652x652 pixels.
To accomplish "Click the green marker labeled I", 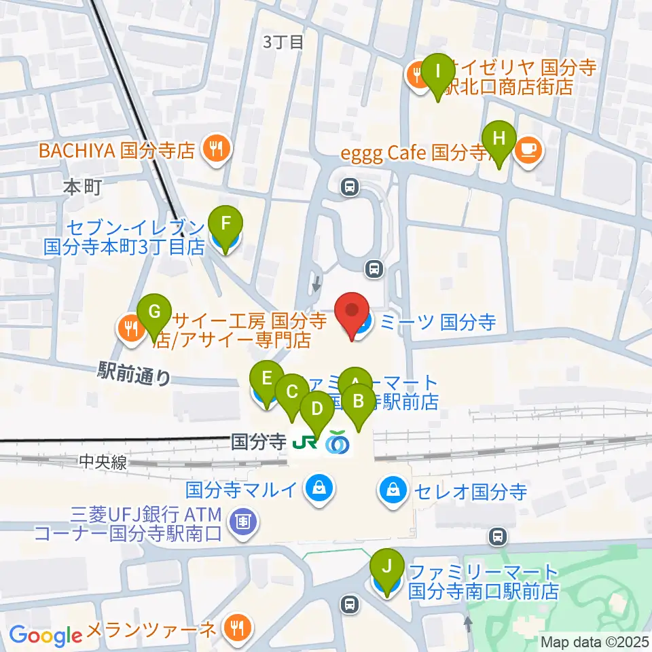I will (437, 71).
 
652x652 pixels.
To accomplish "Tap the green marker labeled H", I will (499, 139).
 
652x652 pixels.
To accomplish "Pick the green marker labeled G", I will (154, 313).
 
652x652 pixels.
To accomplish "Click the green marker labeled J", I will (387, 566).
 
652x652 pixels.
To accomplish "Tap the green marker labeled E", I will (267, 378).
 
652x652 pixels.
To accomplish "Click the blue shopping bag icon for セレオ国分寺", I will (393, 488).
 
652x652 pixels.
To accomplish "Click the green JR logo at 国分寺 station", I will (304, 443).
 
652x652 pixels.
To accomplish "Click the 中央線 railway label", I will (103, 462).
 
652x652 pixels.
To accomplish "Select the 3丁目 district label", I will (283, 42).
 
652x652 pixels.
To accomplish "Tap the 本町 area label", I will (82, 187).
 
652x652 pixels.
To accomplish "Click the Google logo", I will (46, 636).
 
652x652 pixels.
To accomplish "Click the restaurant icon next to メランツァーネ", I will (237, 626).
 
